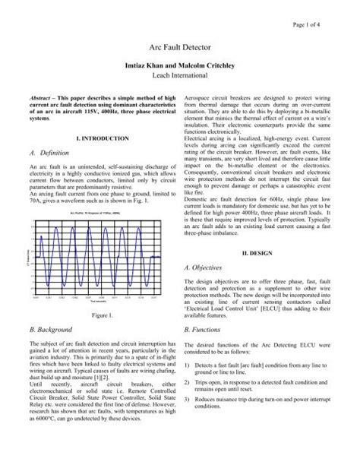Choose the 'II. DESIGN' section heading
256,250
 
